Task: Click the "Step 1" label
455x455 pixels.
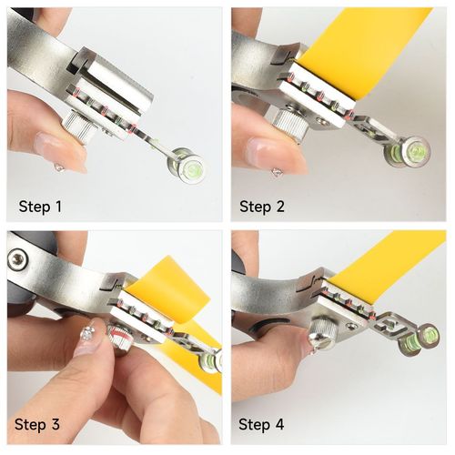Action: [x=40, y=207]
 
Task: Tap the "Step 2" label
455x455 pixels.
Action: [x=262, y=207]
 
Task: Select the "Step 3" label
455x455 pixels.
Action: [x=37, y=424]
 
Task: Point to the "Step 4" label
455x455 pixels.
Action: [x=261, y=424]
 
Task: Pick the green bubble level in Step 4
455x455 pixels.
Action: [x=420, y=339]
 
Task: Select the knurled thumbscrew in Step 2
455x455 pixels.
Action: [x=290, y=125]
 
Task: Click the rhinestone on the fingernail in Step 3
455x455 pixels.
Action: [x=87, y=333]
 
